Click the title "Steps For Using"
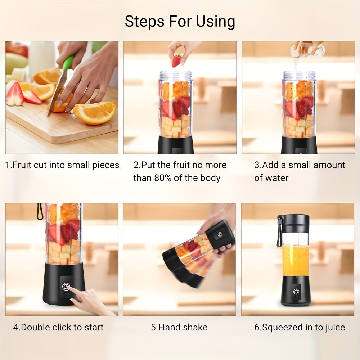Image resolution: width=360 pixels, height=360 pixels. pyautogui.click(x=180, y=22)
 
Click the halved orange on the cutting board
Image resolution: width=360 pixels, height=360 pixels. pyautogui.click(x=94, y=113)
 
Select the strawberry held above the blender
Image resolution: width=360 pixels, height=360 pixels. pyautogui.click(x=176, y=60)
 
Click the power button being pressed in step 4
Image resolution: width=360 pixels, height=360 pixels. pyautogui.click(x=66, y=287)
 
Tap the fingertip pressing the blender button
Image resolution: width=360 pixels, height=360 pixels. pyautogui.click(x=71, y=290)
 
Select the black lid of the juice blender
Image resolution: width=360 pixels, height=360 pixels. pyautogui.click(x=293, y=223)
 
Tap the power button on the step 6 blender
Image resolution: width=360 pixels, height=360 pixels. pyautogui.click(x=296, y=291)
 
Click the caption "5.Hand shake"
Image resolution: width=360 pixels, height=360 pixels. pyautogui.click(x=179, y=327)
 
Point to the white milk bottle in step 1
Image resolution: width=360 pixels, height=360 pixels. pyautogui.click(x=41, y=58)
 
